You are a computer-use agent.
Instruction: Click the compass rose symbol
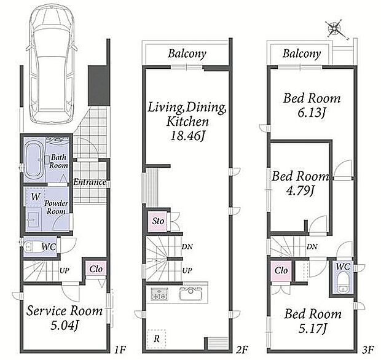pos(335,29)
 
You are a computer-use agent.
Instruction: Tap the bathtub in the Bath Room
pos(34,160)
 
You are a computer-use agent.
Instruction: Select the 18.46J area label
pos(187,136)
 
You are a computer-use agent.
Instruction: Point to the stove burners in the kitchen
pos(160,294)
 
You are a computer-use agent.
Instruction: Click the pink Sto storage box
pos(158,221)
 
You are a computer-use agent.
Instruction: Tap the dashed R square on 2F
pos(157,338)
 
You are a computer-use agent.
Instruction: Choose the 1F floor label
pos(120,350)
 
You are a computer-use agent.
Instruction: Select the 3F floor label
pos(367,350)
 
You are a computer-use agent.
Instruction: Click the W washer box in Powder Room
pos(36,197)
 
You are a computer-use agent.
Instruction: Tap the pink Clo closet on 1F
pos(96,269)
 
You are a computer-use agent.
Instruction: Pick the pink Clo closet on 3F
pos(281,270)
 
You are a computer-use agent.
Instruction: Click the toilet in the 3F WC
pos(342,283)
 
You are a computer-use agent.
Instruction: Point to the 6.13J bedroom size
pos(312,112)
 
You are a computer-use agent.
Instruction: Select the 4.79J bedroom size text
pos(300,191)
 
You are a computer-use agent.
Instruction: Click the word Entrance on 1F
pos(90,182)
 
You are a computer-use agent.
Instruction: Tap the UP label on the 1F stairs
pos(65,270)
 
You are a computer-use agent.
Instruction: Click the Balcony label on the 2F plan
pos(187,53)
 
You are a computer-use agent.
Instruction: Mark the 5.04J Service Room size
pos(65,326)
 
